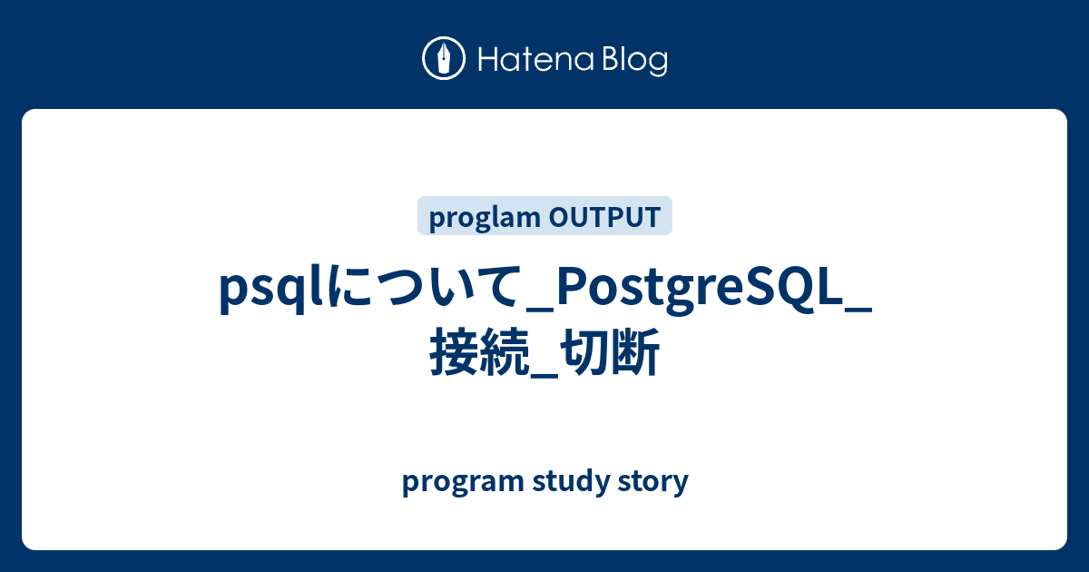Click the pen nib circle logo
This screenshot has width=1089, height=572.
coord(444,58)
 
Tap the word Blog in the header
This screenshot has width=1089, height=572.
coord(635,62)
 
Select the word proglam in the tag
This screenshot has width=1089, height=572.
coord(485,217)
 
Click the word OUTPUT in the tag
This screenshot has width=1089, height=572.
coord(604,217)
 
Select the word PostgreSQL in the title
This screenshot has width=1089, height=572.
coord(699,291)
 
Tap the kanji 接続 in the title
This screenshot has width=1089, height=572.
coord(479,352)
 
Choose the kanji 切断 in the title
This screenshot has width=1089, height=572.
coord(610,352)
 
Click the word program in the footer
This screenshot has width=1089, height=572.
coord(463,482)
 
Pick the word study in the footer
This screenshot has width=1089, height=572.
coord(571,481)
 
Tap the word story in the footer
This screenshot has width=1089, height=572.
coord(653,482)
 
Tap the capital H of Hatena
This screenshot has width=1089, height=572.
coord(488,60)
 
